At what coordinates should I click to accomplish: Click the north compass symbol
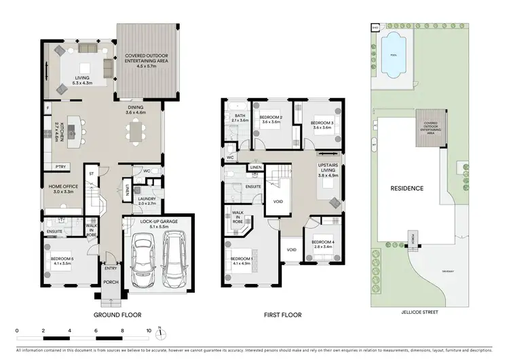[159, 334]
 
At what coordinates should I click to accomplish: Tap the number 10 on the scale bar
[149, 331]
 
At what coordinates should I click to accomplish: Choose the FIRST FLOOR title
[282, 315]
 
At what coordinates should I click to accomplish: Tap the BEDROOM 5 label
[63, 258]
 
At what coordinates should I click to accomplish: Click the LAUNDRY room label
[147, 199]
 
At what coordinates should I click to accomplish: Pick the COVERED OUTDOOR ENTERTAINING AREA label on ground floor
[147, 60]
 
